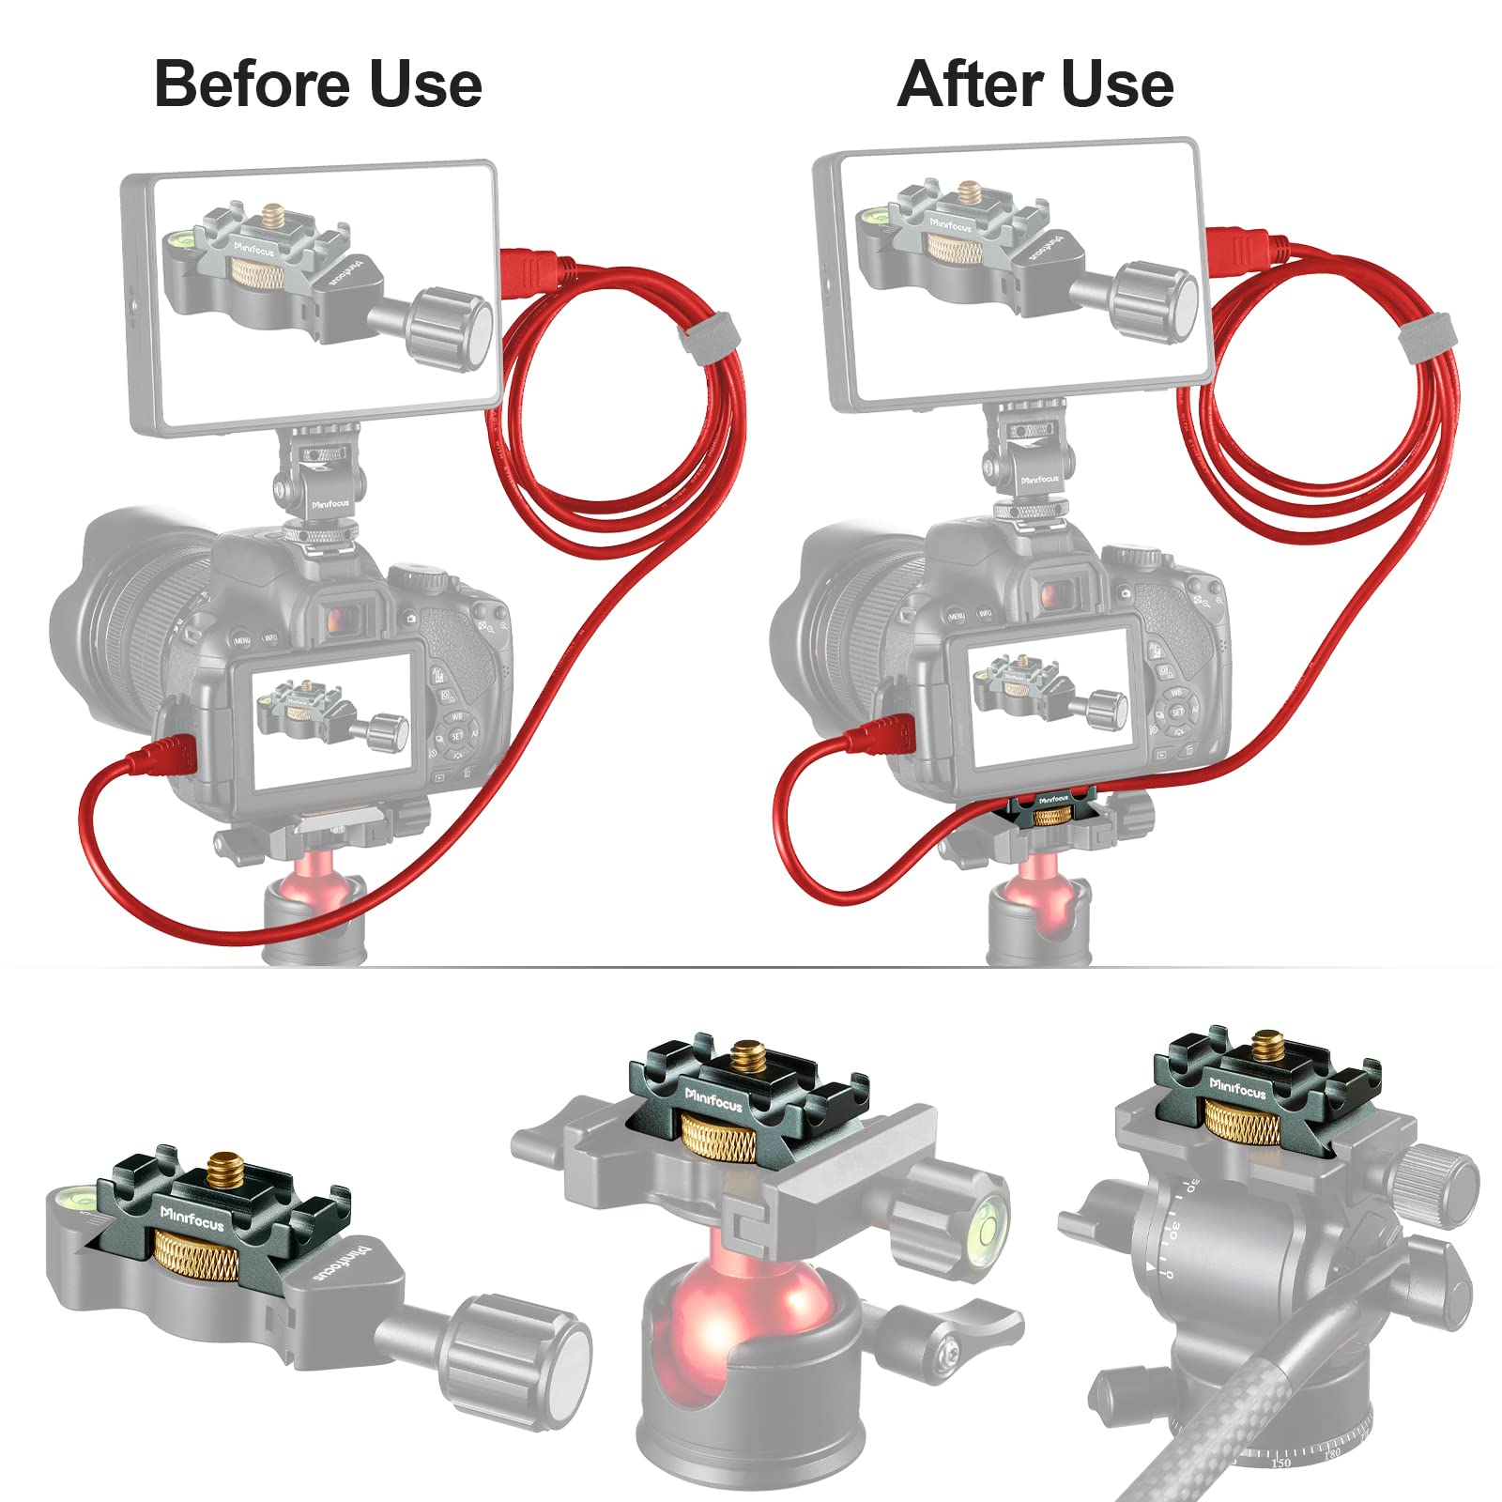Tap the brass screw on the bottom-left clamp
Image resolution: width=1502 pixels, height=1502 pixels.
pyautogui.click(x=222, y=1171)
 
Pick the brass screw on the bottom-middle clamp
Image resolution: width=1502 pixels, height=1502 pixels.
pyautogui.click(x=748, y=1057)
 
